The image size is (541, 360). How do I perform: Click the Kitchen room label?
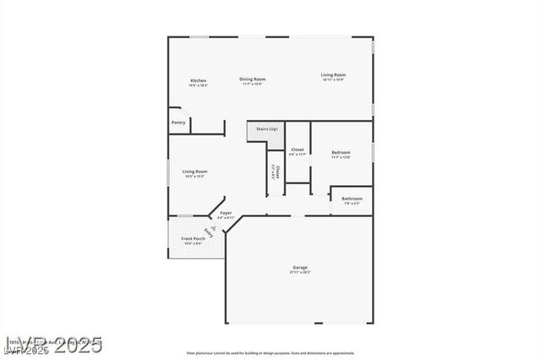click(x=198, y=80)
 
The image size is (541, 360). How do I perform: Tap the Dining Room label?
click(x=252, y=79)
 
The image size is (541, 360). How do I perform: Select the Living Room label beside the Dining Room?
click(x=333, y=74)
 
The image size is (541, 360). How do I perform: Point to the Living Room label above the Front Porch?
click(x=194, y=172)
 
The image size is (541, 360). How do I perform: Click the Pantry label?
click(x=178, y=123)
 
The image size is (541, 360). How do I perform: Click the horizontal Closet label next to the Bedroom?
click(x=297, y=150)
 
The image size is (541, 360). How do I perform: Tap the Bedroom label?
click(x=341, y=153)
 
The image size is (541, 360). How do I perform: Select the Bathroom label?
click(x=352, y=199)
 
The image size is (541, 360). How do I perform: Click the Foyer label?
click(x=226, y=213)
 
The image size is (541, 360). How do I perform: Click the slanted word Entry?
click(x=209, y=234)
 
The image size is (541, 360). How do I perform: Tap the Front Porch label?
click(x=193, y=239)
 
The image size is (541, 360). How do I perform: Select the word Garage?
click(x=300, y=268)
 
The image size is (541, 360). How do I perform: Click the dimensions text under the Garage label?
click(x=300, y=273)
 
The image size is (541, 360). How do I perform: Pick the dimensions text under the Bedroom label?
click(x=341, y=158)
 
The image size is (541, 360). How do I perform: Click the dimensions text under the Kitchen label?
click(x=198, y=85)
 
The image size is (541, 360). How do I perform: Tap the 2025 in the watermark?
click(x=74, y=345)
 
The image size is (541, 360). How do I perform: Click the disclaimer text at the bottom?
click(x=270, y=352)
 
